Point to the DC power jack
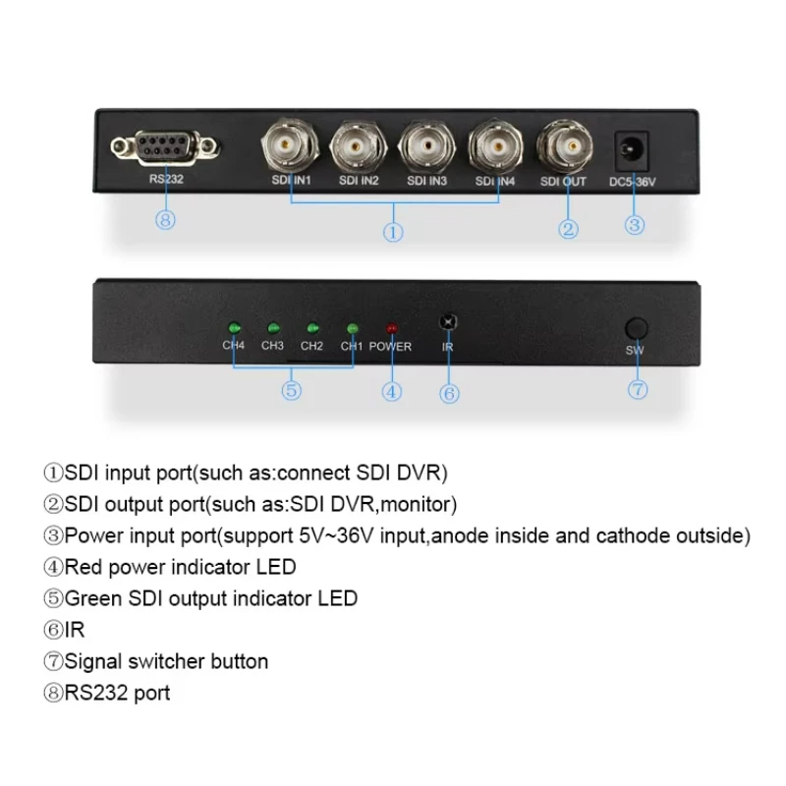click(x=635, y=151)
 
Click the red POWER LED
click(x=391, y=328)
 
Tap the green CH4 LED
click(x=234, y=328)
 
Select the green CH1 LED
click(x=351, y=328)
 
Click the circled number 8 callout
click(x=165, y=219)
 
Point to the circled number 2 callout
click(x=568, y=230)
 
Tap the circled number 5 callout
click(x=291, y=390)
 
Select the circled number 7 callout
click(x=638, y=389)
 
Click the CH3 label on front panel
click(x=272, y=346)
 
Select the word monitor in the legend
click(x=422, y=504)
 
